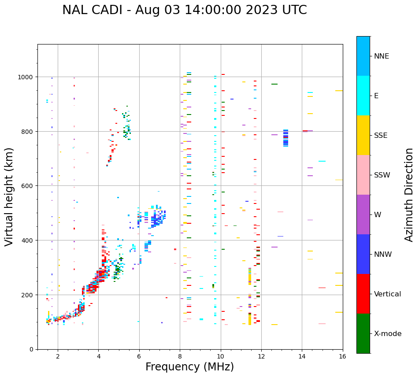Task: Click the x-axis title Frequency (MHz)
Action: coord(189,367)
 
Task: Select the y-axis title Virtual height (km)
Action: coord(9,196)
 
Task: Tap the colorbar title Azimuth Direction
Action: coord(409,195)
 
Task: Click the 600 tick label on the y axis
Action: coord(28,186)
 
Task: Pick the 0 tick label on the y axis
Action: coord(31,349)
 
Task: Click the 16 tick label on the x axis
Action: coord(342,357)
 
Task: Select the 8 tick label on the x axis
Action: coord(180,357)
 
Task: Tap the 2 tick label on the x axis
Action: coord(58,357)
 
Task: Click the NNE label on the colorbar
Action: coord(382,56)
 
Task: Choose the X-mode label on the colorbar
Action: coord(388,334)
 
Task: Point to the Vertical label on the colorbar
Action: coord(388,294)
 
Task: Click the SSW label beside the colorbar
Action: coord(382,175)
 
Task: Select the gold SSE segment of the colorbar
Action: coord(363,135)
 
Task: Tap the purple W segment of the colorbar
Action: coord(363,214)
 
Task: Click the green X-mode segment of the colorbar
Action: coord(363,333)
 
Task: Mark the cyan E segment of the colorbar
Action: coord(363,96)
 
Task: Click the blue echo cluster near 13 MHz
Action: coord(286,137)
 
